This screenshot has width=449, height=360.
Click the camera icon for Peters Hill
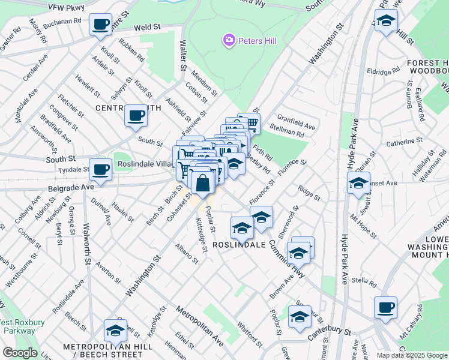coord(228,41)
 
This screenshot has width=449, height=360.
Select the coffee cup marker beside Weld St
coord(101,26)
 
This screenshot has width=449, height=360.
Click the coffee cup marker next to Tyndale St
coord(101,170)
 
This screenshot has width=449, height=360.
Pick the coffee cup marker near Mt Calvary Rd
coord(385,308)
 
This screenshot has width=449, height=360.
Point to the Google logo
coord(19,353)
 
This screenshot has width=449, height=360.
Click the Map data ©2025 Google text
coord(411,355)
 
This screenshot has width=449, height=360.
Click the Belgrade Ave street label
coord(71,187)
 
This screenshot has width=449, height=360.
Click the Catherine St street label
coord(400,142)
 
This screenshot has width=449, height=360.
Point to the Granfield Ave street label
coord(298,127)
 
